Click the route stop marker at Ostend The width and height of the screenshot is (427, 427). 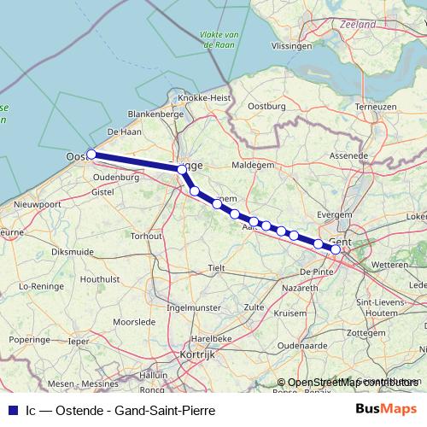pyautogui.click(x=91, y=155)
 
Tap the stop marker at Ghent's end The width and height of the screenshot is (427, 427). pyautogui.click(x=336, y=249)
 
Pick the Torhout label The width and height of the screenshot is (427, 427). pyautogui.click(x=146, y=235)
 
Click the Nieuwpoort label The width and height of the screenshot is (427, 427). pyautogui.click(x=38, y=205)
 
